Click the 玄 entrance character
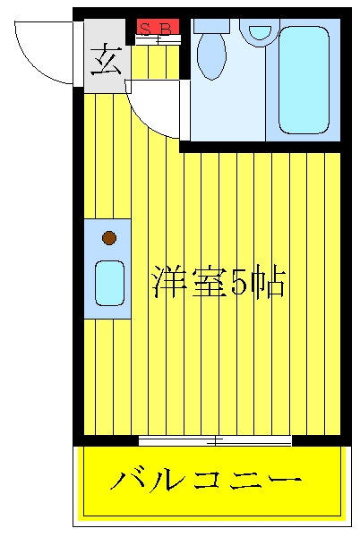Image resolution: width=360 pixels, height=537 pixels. tap(107, 60)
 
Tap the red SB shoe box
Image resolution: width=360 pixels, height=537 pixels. tap(158, 27)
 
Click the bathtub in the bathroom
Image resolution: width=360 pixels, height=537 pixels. tap(304, 80)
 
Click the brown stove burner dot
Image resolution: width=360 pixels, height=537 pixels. tap(109, 238)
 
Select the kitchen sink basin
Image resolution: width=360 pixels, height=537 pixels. tap(109, 283)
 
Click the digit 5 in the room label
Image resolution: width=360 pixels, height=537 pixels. tap(239, 282)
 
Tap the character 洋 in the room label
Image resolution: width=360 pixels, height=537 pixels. tap(168, 282)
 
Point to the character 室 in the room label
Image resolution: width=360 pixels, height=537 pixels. tap(208, 282)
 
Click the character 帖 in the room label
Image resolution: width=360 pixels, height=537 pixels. tap(268, 283)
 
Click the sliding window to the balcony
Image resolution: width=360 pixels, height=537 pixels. tap(215, 440)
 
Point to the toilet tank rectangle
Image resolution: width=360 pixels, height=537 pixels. tap(211, 26)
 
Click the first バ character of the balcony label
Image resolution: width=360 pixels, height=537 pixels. tap(124, 480)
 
